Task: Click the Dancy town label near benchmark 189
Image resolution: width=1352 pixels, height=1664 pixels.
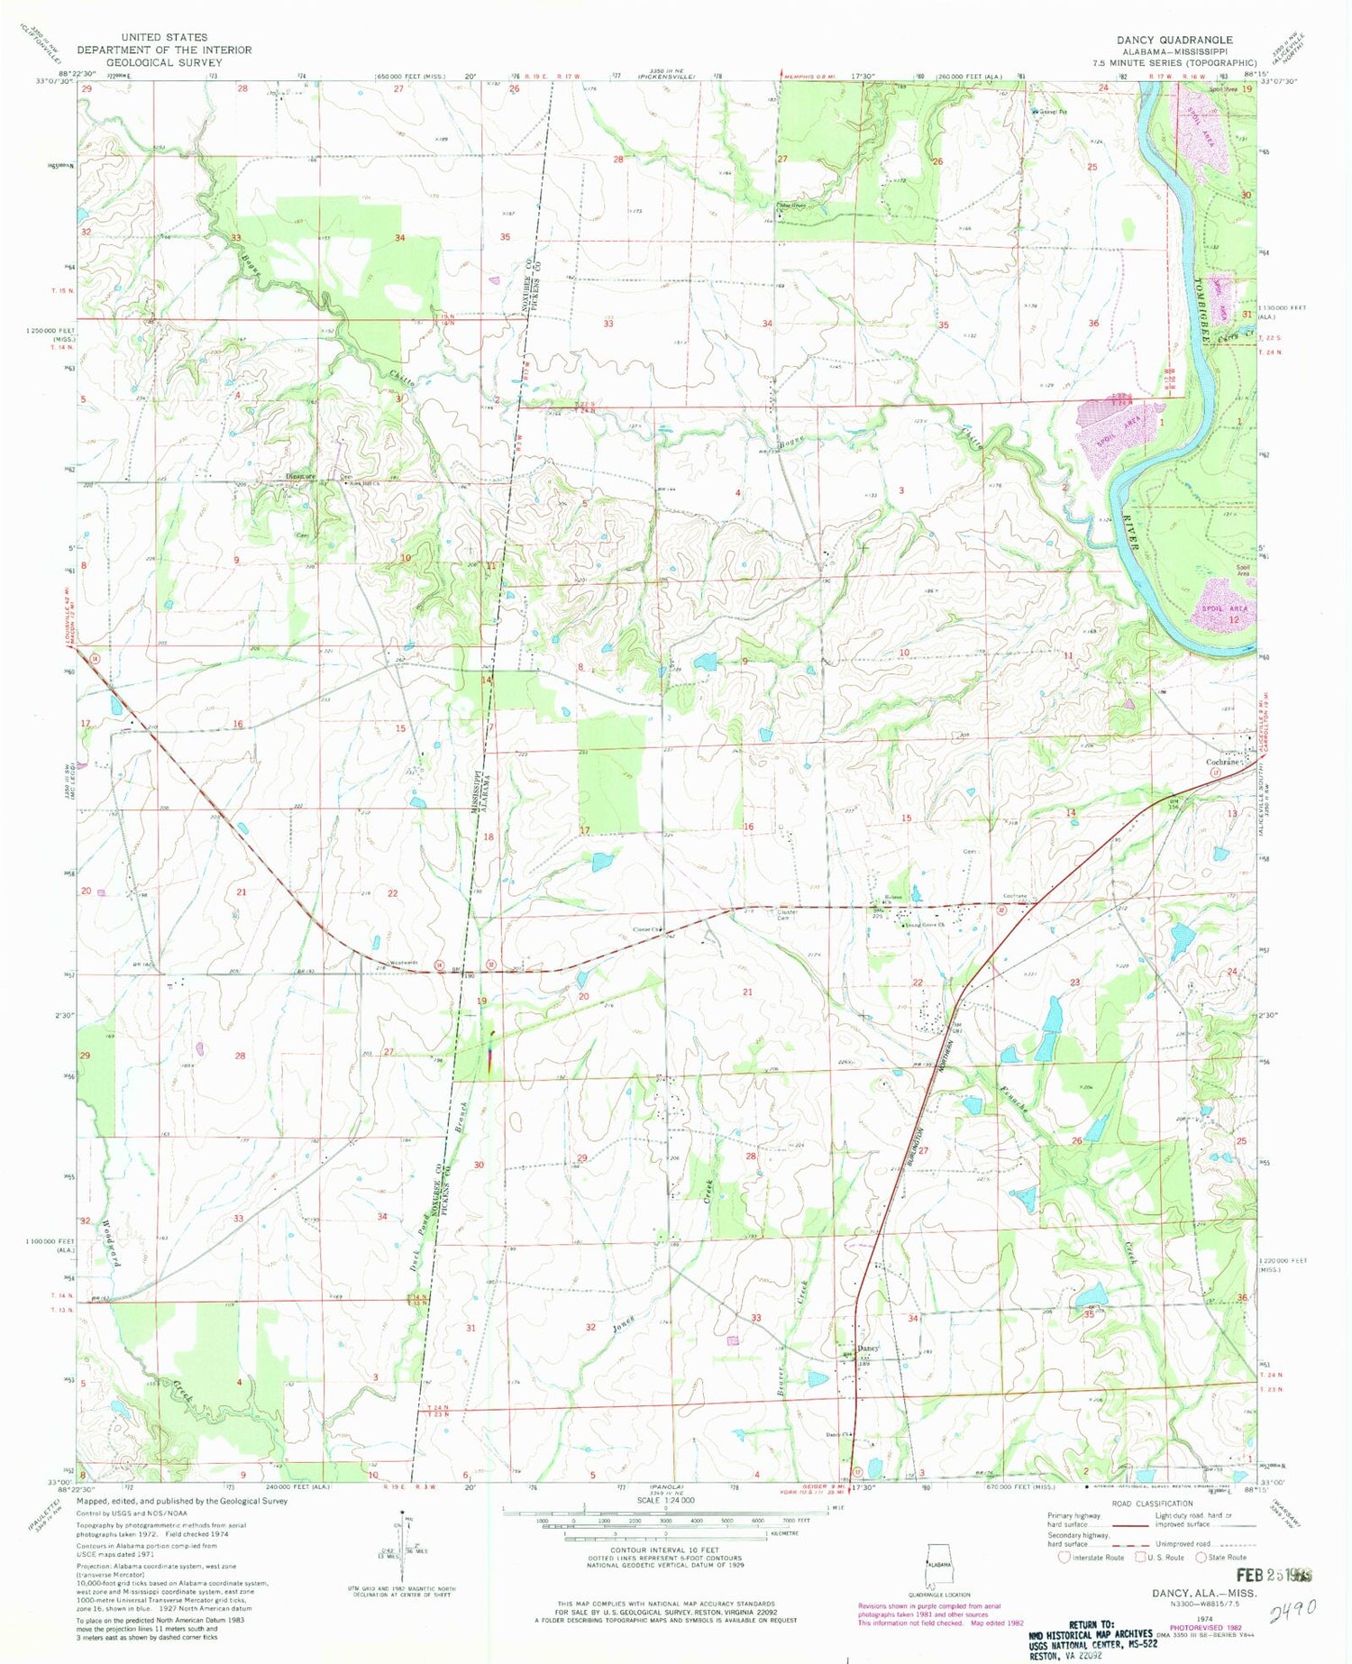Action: tap(866, 1348)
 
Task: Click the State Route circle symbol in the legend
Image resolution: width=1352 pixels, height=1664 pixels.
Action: tap(1201, 1557)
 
